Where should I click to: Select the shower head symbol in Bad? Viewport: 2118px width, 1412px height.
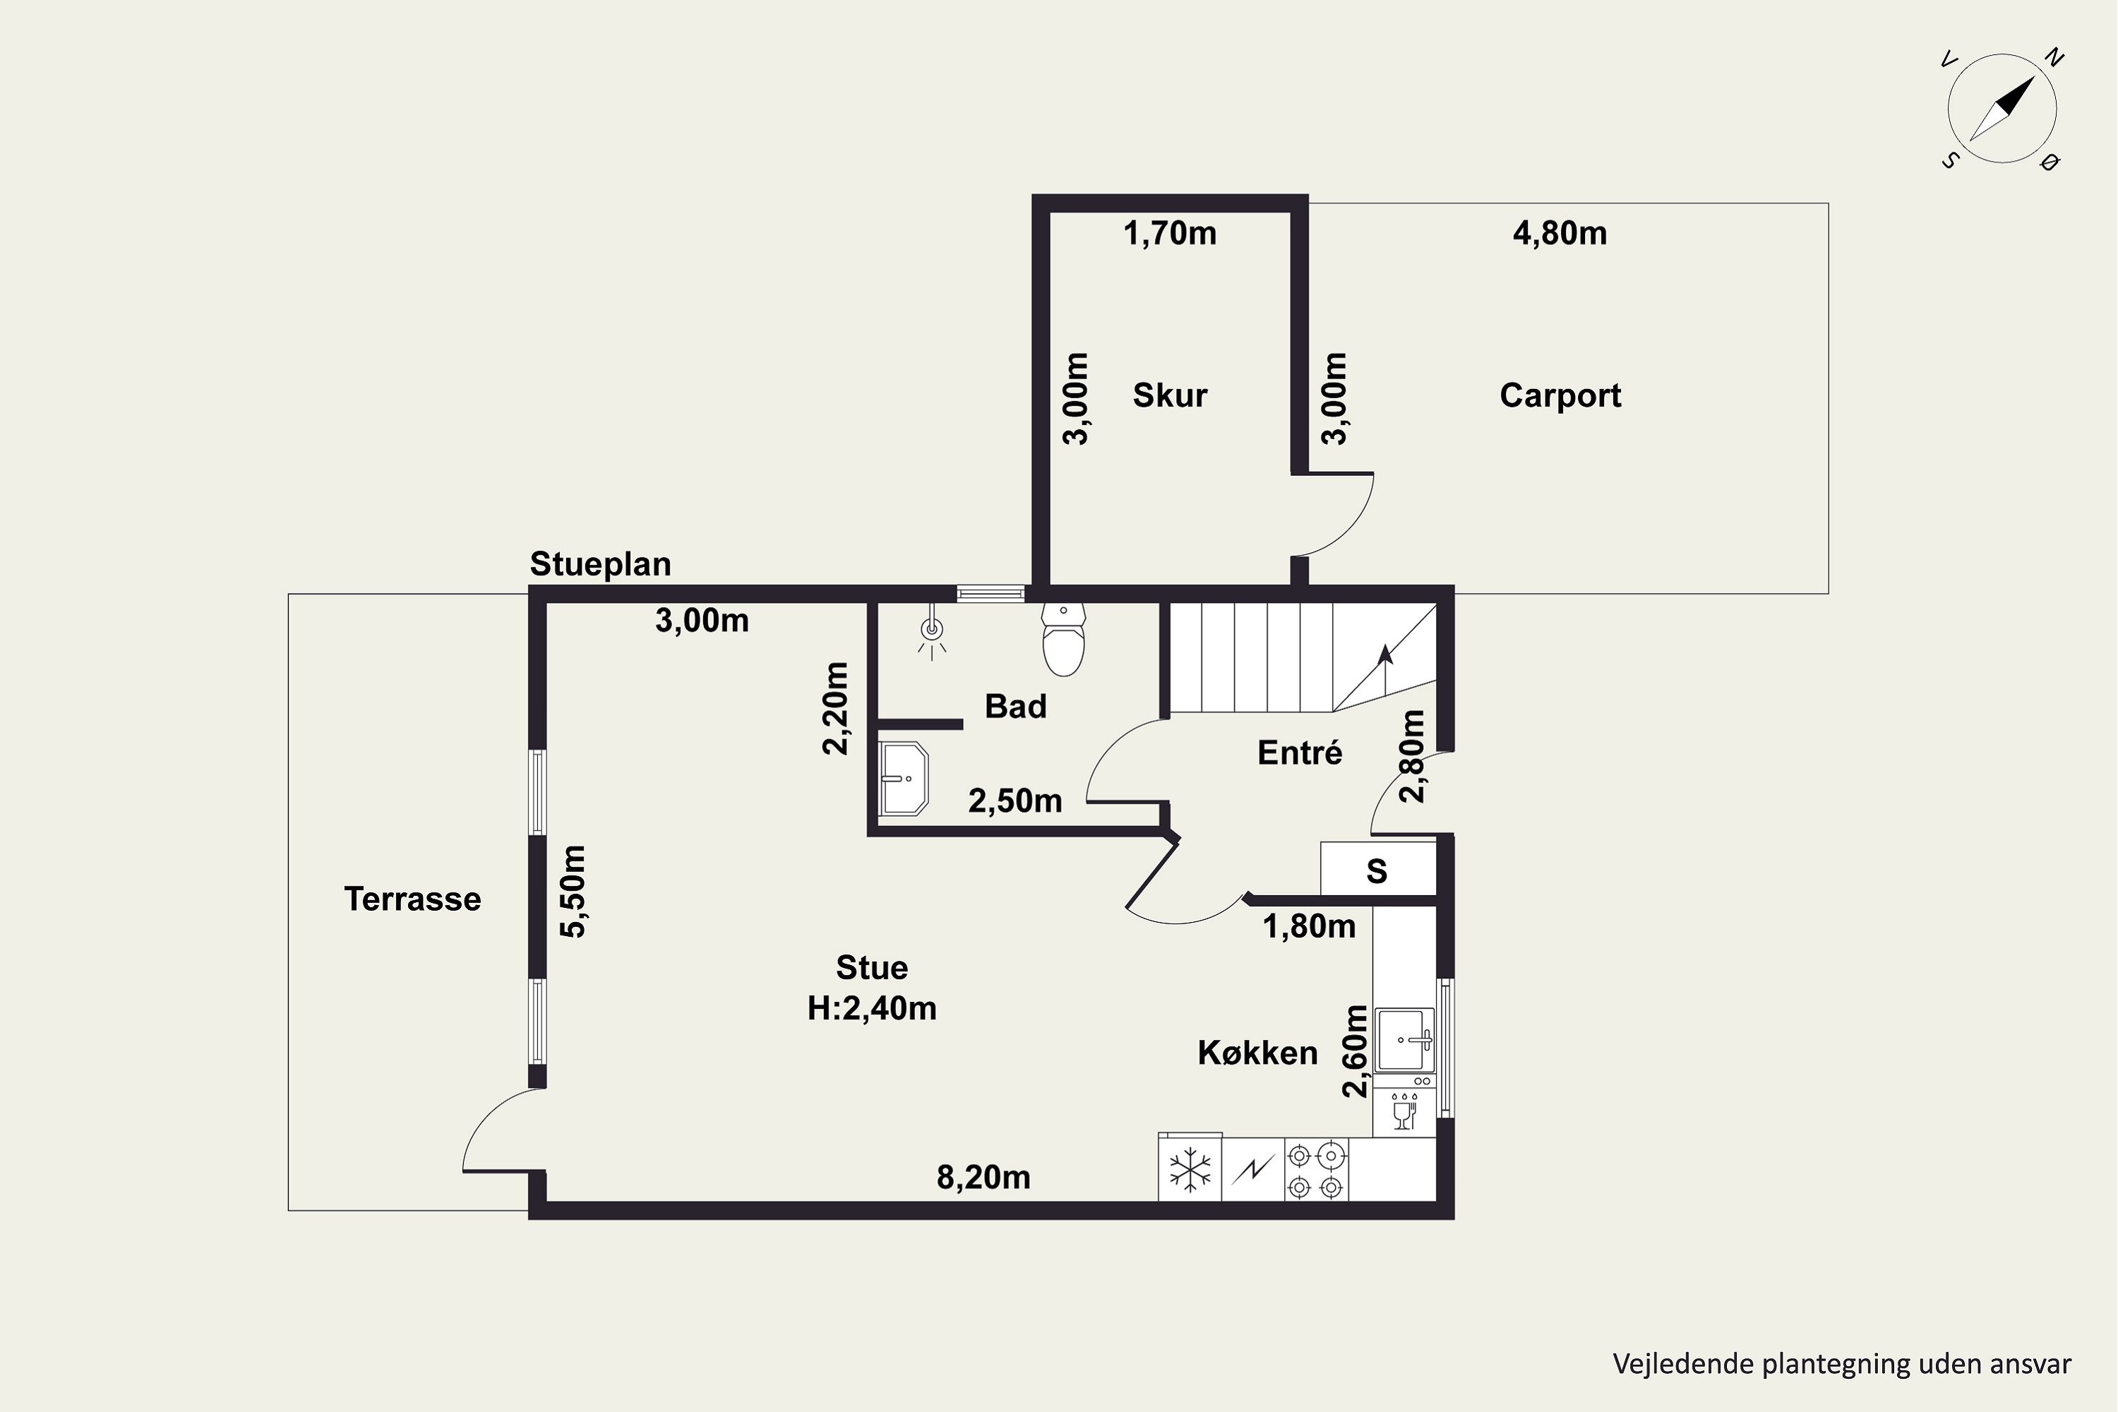click(932, 634)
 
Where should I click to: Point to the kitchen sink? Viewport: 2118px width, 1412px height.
click(1405, 1039)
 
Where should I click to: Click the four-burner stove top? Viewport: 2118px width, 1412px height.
click(1316, 1170)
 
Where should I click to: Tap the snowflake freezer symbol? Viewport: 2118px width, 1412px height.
click(1190, 1170)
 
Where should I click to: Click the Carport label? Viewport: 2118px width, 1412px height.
click(1560, 395)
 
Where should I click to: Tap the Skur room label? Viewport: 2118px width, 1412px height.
click(1170, 395)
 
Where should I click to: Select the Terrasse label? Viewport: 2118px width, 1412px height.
click(412, 899)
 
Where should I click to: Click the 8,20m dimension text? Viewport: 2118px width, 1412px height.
click(983, 1177)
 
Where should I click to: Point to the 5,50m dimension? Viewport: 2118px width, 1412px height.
click(573, 890)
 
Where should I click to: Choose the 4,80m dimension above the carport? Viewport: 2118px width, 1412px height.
click(1560, 233)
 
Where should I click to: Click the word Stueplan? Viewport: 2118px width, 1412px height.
click(601, 563)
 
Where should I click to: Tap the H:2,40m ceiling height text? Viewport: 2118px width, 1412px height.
click(872, 1007)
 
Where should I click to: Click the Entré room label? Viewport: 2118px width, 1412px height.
click(1300, 753)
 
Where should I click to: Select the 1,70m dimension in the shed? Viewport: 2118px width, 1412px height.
click(1170, 233)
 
